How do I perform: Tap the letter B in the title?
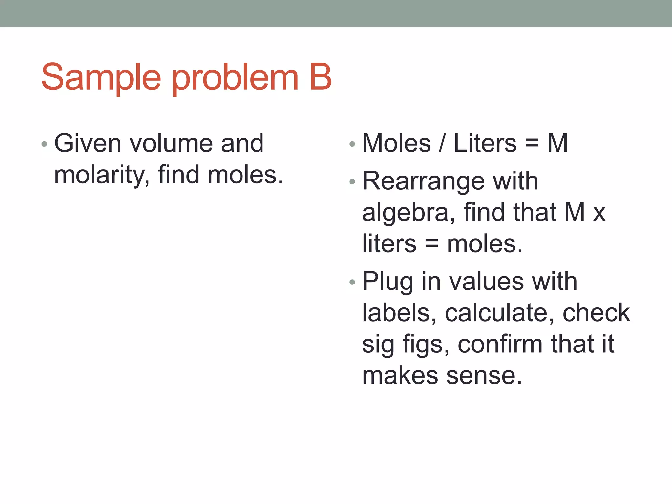point(320,77)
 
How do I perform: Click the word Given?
point(88,143)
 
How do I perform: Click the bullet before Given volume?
point(45,144)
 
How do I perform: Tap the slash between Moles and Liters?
point(442,143)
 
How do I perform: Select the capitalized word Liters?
point(485,143)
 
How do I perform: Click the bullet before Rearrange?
point(352,182)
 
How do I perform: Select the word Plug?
point(388,282)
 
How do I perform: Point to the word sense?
point(484,376)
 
